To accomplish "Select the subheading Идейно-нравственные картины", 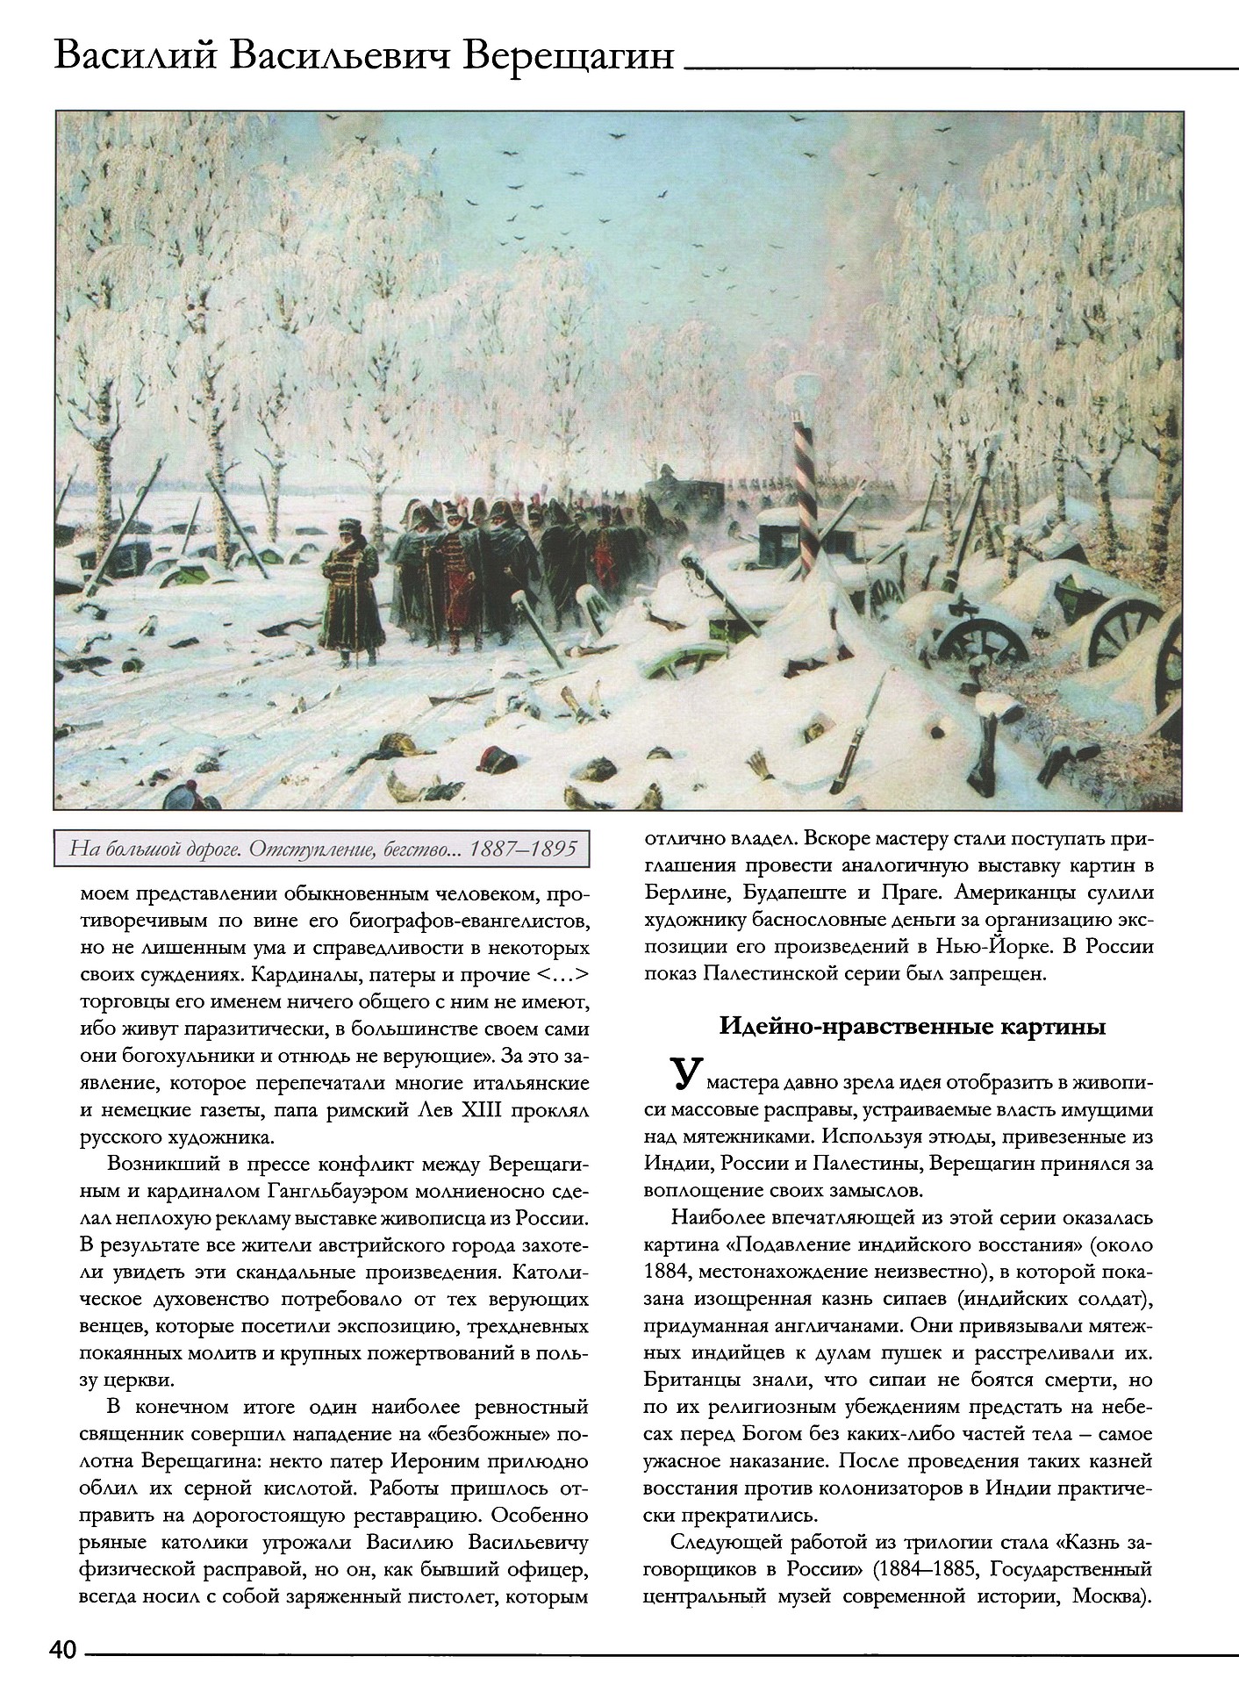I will tap(912, 1028).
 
